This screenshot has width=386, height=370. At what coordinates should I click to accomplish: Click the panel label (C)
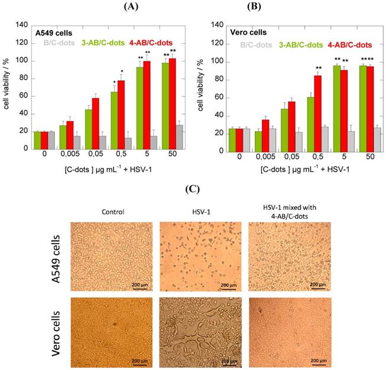[x=192, y=190]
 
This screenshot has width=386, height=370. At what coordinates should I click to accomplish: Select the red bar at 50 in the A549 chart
[x=173, y=103]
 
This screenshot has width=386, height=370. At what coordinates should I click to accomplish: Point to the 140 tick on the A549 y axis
[x=23, y=25]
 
